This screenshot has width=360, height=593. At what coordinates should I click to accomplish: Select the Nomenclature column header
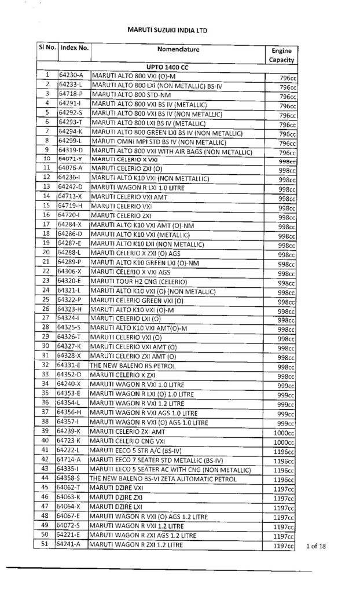click(x=177, y=50)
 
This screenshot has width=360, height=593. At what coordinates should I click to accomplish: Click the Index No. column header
click(x=74, y=50)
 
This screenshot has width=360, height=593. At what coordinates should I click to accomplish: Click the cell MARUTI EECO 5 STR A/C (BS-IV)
click(x=138, y=450)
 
